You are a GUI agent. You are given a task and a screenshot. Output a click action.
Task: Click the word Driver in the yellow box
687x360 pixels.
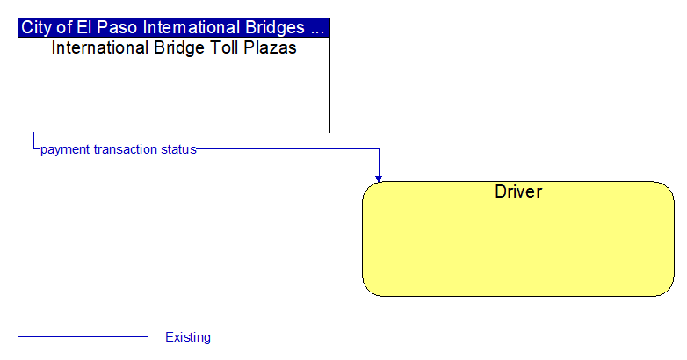coord(518,191)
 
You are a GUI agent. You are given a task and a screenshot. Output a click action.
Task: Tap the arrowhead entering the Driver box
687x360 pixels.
coord(379,178)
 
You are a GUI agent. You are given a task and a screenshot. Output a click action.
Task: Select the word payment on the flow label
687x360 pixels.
coord(65,150)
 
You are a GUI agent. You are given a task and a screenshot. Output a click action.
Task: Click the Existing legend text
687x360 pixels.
coord(188,337)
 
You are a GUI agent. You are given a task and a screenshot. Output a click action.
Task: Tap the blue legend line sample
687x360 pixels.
coord(83,337)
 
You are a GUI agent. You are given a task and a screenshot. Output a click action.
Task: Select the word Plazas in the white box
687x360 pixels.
coord(270,47)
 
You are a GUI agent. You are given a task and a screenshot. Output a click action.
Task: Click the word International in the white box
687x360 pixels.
coord(100,47)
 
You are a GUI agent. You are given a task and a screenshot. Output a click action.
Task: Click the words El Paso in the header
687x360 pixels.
coord(106,27)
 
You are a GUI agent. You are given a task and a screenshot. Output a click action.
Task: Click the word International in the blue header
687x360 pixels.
coord(192,27)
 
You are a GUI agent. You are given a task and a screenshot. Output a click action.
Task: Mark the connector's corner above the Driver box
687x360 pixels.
coord(379,149)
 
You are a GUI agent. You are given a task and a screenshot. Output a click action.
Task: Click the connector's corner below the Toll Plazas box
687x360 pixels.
coord(33,149)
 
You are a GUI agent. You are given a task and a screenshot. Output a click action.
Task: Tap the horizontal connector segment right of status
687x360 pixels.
coord(288,149)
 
